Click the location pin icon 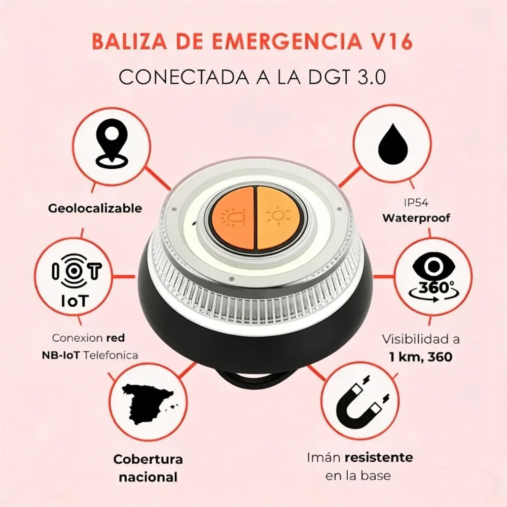click(x=111, y=145)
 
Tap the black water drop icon click(x=392, y=143)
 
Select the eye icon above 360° click(x=433, y=267)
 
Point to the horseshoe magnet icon click(x=361, y=399)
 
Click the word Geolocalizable click(x=95, y=208)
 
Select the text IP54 click(x=416, y=203)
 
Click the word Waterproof click(x=416, y=218)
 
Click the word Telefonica click(x=111, y=355)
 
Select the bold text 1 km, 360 click(x=421, y=357)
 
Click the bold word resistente click(x=379, y=458)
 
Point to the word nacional click(x=148, y=477)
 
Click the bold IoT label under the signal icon click(x=75, y=301)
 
